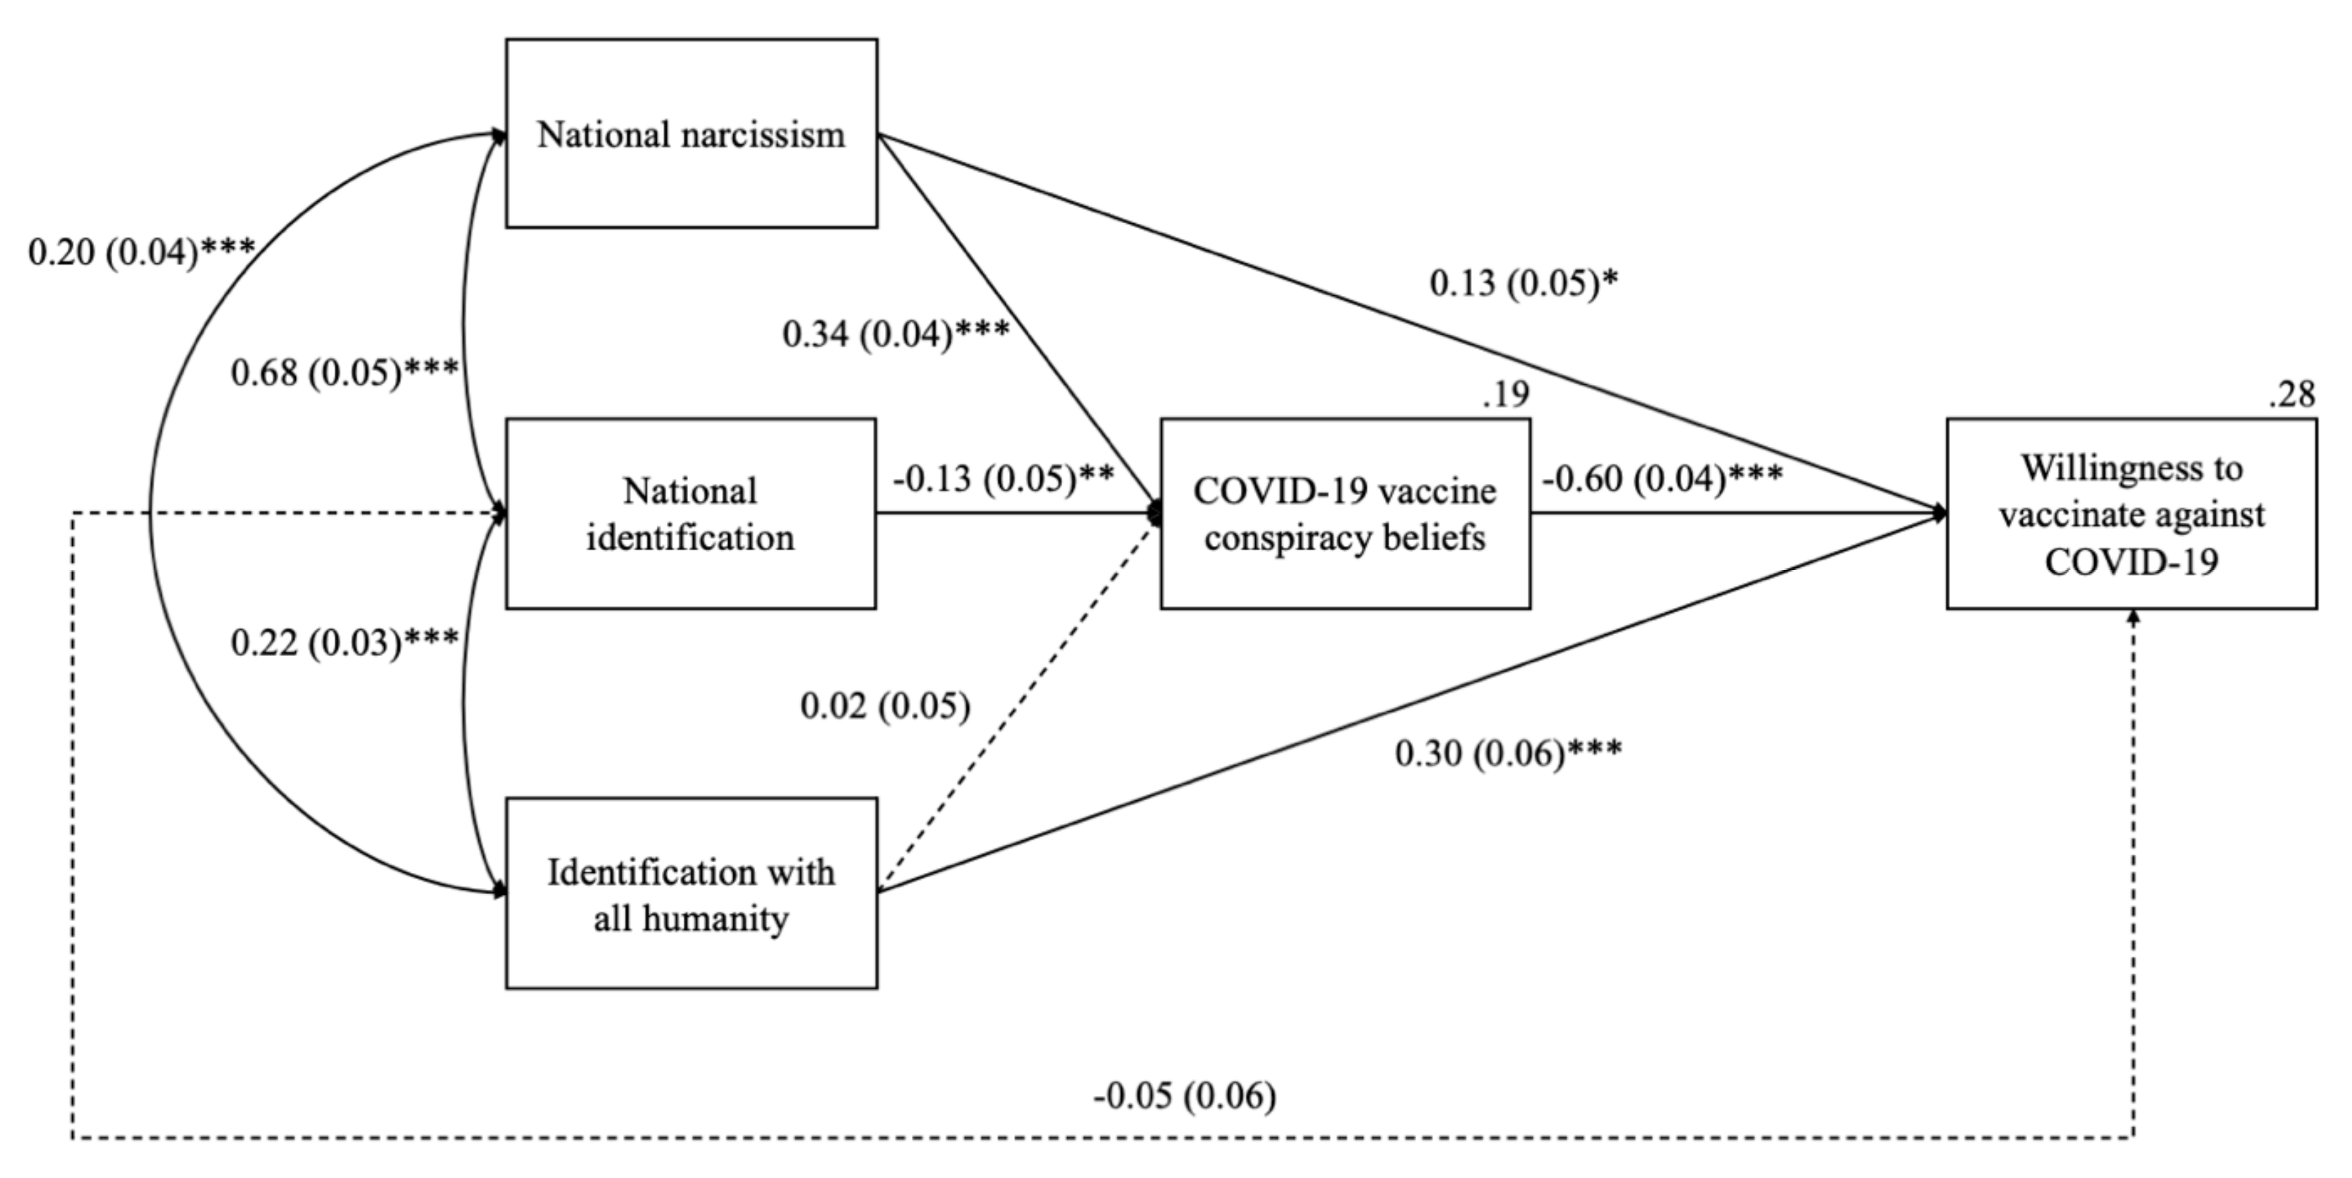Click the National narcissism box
pyautogui.click(x=691, y=133)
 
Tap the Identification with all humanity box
pyautogui.click(x=691, y=894)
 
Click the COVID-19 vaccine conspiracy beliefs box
pyautogui.click(x=1345, y=514)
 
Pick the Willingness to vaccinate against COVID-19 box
pyautogui.click(x=2131, y=514)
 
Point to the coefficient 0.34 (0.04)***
pyautogui.click(x=896, y=334)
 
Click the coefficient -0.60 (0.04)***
pyautogui.click(x=1662, y=477)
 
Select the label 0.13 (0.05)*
pyautogui.click(x=1523, y=283)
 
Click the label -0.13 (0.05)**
pyautogui.click(x=1002, y=477)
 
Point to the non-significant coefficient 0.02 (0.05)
pyautogui.click(x=885, y=706)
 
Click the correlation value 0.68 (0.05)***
pyautogui.click(x=344, y=373)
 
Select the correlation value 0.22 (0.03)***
pyautogui.click(x=344, y=643)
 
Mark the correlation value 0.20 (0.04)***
pyautogui.click(x=141, y=252)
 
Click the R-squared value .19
pyautogui.click(x=1506, y=395)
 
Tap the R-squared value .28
pyautogui.click(x=2292, y=395)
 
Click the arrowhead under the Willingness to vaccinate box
pyautogui.click(x=2133, y=617)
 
